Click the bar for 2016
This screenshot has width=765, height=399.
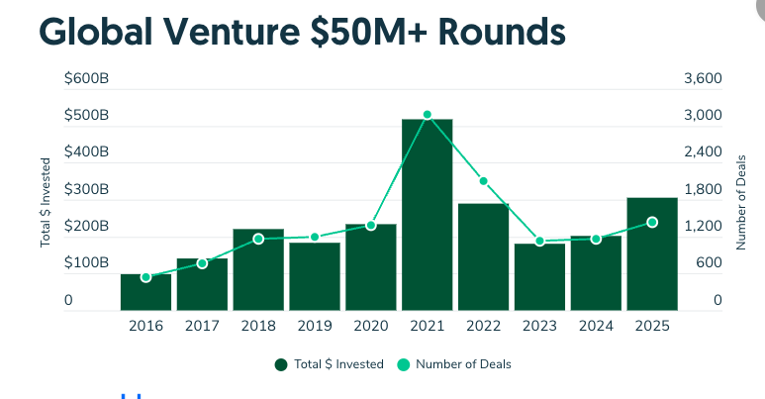pos(145,292)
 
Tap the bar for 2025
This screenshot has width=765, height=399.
pos(652,254)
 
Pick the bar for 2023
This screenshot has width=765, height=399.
pos(539,277)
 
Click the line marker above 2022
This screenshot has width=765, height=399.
pos(483,181)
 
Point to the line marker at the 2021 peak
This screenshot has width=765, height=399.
pos(427,115)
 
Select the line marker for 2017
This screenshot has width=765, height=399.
pos(202,263)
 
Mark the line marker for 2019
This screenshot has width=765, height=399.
pos(315,238)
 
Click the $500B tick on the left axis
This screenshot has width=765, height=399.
pos(86,116)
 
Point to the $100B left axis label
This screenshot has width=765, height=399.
pos(86,263)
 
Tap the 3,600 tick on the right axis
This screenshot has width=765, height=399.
pos(703,78)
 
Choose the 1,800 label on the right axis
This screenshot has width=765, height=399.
pos(703,189)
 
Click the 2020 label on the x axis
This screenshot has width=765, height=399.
pos(370,327)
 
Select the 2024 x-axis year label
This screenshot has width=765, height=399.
pos(596,327)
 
